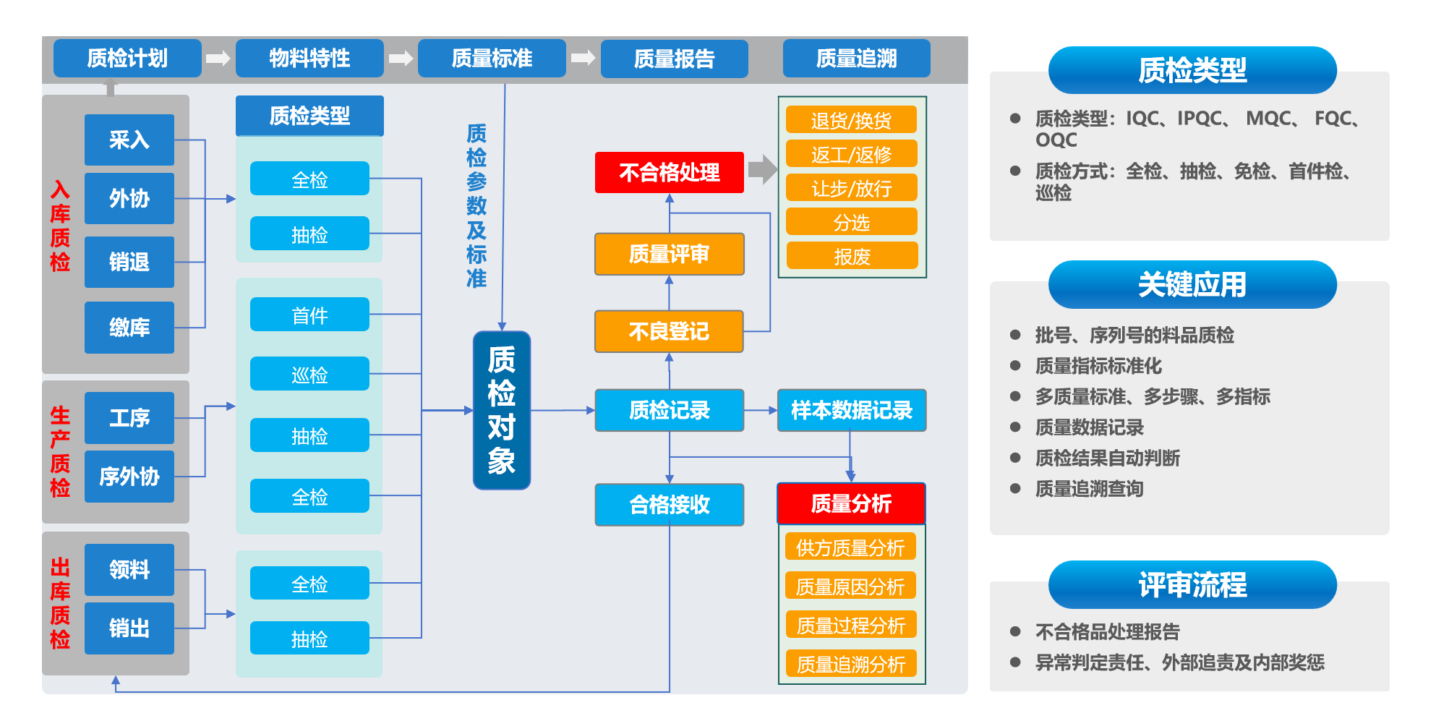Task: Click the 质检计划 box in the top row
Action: [127, 58]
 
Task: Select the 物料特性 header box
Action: [309, 58]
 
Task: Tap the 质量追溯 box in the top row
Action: [856, 58]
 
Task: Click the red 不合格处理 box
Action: [669, 173]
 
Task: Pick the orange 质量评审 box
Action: [669, 254]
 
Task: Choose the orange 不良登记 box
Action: [669, 331]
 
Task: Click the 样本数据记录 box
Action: [851, 410]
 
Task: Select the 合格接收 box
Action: [669, 504]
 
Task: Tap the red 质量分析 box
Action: [851, 503]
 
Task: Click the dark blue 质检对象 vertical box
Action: [501, 410]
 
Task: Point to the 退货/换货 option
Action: [851, 120]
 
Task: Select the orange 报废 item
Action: [851, 256]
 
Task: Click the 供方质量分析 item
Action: [850, 547]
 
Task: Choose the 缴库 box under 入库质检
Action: [129, 328]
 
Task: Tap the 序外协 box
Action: [129, 477]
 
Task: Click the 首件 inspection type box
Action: [309, 315]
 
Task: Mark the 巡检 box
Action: [309, 375]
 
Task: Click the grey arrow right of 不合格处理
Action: [762, 170]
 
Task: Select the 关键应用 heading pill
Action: [1192, 284]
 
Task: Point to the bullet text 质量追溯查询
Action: [1089, 489]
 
